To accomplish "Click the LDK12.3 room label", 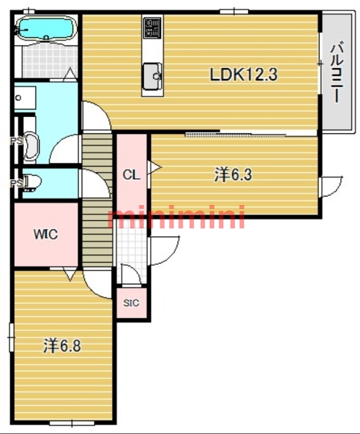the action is coord(243,74).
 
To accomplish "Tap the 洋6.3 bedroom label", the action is coord(233,175).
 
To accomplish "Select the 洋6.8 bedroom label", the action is coord(62,346).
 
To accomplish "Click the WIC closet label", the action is coord(46,234).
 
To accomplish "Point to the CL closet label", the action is coord(131,175).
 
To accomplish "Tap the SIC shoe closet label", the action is coord(131,303).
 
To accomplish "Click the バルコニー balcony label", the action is coord(338,72).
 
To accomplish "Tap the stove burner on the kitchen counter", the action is coord(152,28).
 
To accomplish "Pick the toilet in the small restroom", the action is coord(33,182).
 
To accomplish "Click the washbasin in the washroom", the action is coord(25,98).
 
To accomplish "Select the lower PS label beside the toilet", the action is coord(16,183).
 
